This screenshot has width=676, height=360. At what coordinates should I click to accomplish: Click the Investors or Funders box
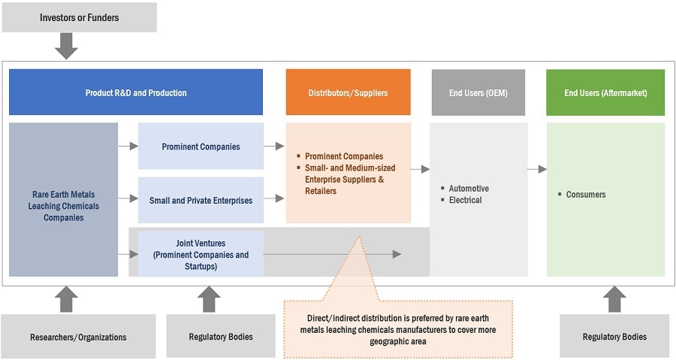click(x=79, y=17)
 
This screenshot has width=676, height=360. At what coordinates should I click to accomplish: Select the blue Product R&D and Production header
click(x=136, y=92)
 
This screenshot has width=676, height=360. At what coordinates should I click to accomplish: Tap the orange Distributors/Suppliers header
click(x=348, y=92)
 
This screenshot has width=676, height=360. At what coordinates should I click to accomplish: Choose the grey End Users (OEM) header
click(x=478, y=92)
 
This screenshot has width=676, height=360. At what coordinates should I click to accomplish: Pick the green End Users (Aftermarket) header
click(x=605, y=92)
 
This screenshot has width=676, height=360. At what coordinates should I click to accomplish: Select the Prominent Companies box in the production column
click(x=201, y=147)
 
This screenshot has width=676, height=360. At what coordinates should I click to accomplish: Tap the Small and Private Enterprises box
click(x=201, y=200)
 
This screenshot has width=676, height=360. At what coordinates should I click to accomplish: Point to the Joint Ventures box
click(x=201, y=254)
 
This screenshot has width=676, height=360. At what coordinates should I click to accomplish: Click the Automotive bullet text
click(x=469, y=188)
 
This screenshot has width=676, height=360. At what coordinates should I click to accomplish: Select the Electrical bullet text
click(x=466, y=200)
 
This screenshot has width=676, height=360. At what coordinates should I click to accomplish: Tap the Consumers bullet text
click(x=586, y=195)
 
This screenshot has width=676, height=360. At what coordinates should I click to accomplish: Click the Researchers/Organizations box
click(x=78, y=337)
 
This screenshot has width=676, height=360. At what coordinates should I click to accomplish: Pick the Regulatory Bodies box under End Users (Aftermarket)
click(x=614, y=337)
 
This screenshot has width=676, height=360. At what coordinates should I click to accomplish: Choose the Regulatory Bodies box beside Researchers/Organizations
click(x=220, y=337)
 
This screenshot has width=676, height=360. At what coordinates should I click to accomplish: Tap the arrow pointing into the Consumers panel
click(x=536, y=169)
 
